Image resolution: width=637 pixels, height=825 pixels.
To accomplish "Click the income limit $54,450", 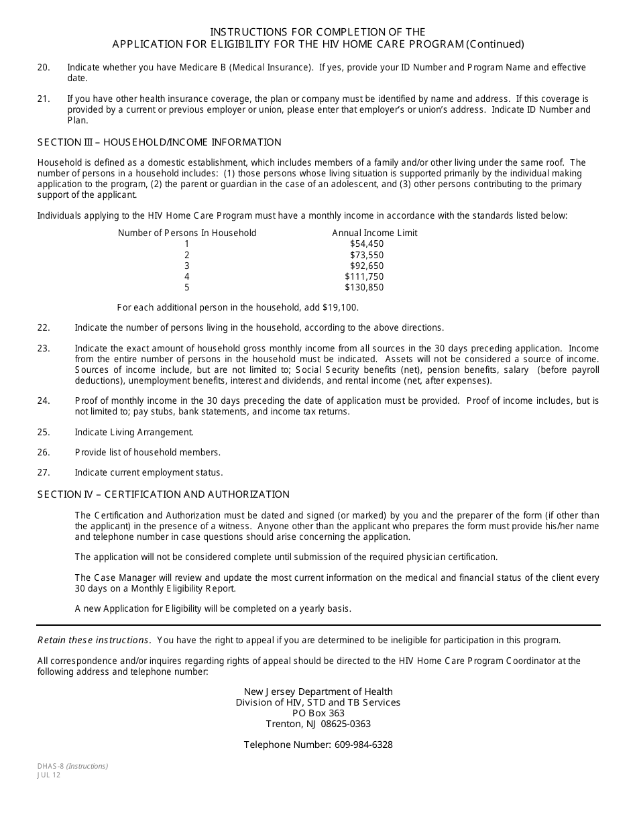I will [x=367, y=244].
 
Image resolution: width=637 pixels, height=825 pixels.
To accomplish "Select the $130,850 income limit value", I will [x=365, y=287].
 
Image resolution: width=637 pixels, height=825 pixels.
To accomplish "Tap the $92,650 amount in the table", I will [x=367, y=266].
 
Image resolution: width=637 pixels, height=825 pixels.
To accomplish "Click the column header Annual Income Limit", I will [x=375, y=233].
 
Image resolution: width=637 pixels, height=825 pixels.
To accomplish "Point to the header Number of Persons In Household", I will [x=187, y=233].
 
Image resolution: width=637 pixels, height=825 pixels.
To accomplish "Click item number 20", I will [x=44, y=67].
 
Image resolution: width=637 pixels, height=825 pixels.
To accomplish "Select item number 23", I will [x=44, y=348].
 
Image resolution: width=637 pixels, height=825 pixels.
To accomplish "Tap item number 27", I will [x=44, y=472].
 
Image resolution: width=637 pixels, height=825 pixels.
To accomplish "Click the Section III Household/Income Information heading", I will [x=160, y=142].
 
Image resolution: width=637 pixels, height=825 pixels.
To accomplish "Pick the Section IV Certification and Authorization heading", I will [x=164, y=494].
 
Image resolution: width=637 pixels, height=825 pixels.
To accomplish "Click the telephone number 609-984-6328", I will [x=363, y=745].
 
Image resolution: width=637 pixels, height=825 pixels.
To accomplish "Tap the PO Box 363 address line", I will [x=318, y=713].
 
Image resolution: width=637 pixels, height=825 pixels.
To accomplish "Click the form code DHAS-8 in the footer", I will [x=50, y=766].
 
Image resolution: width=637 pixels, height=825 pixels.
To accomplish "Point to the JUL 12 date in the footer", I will [x=49, y=775].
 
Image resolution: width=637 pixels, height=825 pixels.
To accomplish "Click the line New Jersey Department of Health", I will [x=318, y=692].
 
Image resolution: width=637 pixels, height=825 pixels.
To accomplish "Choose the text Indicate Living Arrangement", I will [x=134, y=432].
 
